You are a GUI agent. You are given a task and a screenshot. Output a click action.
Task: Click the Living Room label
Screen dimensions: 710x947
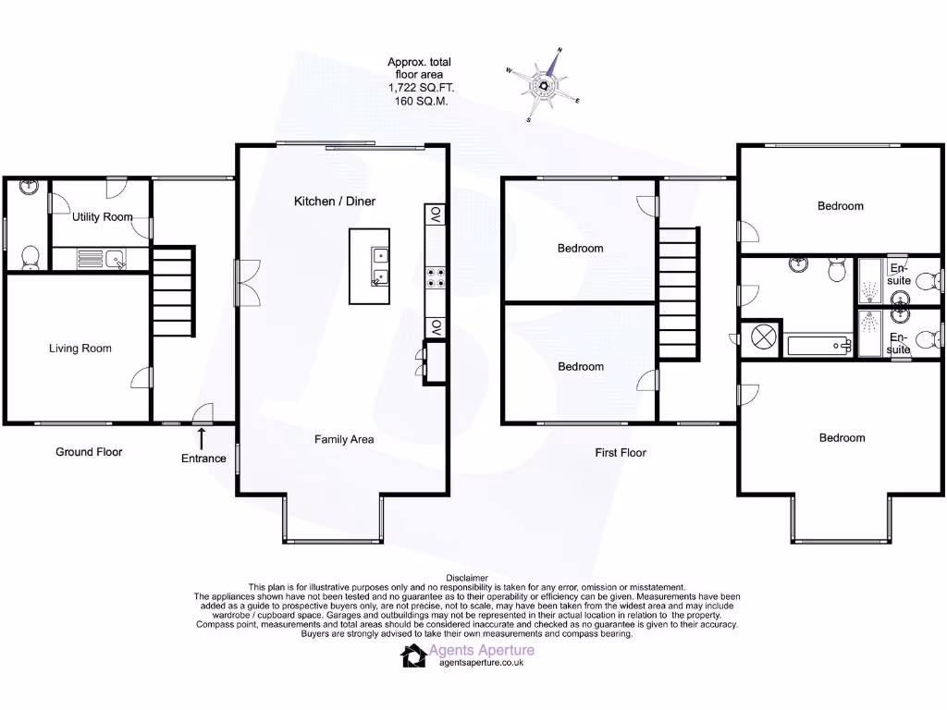(x=80, y=349)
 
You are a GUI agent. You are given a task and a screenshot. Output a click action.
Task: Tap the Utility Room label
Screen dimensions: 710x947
(x=102, y=217)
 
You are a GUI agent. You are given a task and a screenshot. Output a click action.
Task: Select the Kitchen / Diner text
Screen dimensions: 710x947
(x=335, y=201)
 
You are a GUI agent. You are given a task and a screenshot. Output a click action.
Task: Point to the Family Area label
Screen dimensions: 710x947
(x=344, y=439)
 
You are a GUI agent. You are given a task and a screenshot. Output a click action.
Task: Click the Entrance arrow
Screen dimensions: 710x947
(x=202, y=436)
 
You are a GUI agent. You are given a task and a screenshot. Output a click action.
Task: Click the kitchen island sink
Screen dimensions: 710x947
(x=380, y=265)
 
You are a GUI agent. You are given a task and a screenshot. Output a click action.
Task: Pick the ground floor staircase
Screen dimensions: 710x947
(x=172, y=290)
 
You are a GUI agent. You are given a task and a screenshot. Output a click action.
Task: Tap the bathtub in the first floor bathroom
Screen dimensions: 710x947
(x=819, y=346)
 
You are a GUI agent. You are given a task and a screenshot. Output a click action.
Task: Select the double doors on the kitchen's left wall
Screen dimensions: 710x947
(x=245, y=283)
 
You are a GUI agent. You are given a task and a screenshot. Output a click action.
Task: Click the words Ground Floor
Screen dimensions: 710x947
(x=89, y=452)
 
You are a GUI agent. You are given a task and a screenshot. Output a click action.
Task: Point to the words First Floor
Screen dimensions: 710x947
(x=621, y=453)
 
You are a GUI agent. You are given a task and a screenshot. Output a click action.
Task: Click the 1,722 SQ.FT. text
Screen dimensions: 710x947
(x=421, y=88)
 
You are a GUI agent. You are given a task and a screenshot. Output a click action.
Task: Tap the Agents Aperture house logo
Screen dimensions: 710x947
(x=412, y=655)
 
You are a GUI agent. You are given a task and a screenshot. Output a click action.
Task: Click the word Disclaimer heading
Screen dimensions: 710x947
(x=466, y=578)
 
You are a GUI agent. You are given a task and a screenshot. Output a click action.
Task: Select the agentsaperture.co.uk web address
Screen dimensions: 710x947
(x=481, y=663)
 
